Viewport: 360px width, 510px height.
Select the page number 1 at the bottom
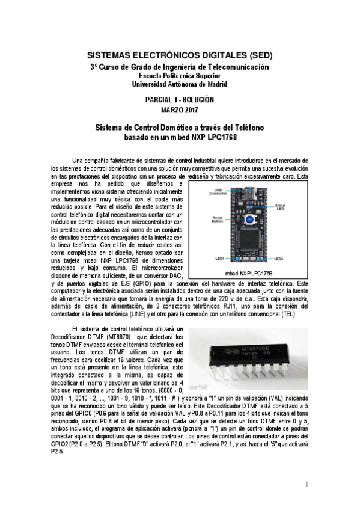tap(306, 485)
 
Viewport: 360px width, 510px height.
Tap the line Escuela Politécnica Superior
tap(180, 76)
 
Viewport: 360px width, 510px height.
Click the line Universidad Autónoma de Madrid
tap(180, 84)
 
